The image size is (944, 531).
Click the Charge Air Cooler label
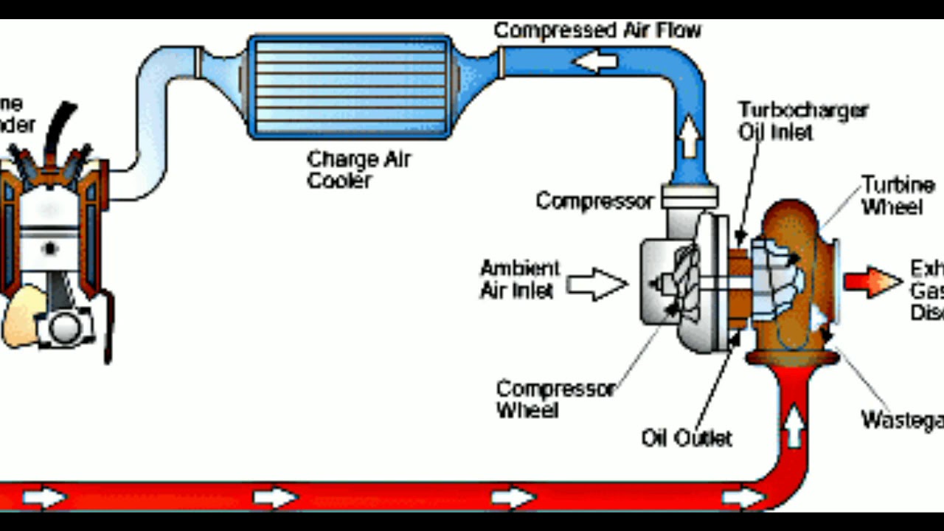[x=358, y=170]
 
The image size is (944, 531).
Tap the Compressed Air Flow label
[x=597, y=31]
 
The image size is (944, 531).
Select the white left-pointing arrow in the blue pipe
[x=595, y=62]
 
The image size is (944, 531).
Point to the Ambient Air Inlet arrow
[x=597, y=285]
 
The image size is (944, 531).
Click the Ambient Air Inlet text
[x=520, y=279]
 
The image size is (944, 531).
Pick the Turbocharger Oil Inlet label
[x=802, y=121]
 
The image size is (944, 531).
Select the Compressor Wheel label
[x=555, y=398]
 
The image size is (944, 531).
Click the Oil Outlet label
[x=686, y=439]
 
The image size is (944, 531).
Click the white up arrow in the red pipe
[x=794, y=428]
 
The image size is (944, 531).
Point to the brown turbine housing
[x=793, y=221]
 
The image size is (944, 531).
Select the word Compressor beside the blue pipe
[x=594, y=201]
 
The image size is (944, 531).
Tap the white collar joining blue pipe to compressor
[x=690, y=196]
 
